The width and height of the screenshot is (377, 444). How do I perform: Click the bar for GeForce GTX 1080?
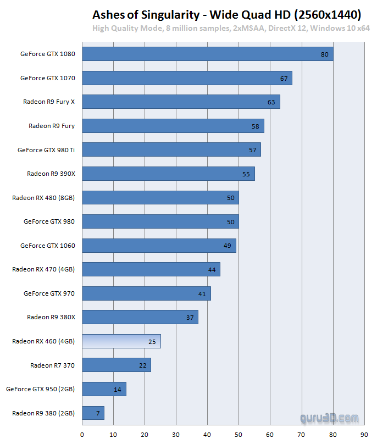[207, 54]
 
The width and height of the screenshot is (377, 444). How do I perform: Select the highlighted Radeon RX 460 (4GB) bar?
[121, 341]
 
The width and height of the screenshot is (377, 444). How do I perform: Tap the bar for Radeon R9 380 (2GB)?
[93, 413]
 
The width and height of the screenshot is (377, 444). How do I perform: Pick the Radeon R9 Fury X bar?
[181, 102]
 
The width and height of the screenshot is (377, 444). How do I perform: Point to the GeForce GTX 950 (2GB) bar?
[104, 389]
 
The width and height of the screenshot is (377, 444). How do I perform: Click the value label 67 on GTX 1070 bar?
[284, 78]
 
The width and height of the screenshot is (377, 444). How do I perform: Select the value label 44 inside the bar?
[212, 269]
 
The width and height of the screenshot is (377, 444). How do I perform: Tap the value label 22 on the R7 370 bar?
[142, 365]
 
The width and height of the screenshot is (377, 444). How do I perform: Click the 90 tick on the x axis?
[364, 434]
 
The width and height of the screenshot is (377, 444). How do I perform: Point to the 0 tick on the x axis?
[82, 434]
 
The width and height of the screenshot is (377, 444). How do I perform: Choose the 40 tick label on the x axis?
[207, 434]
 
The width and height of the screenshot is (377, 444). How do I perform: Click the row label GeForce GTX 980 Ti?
[46, 149]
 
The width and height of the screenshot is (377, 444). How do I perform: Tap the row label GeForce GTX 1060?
[47, 246]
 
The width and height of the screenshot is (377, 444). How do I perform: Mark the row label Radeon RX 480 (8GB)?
[43, 198]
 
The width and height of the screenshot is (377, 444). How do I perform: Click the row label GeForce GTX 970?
[49, 293]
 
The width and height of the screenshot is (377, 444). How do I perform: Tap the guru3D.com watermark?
[330, 419]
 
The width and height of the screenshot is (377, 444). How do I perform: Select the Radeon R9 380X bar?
[140, 317]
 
